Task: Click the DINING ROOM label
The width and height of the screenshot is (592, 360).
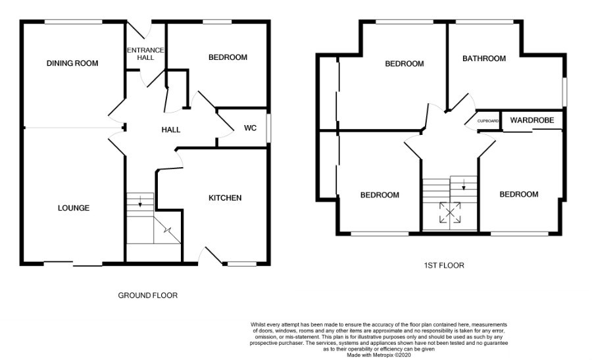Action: [72, 64]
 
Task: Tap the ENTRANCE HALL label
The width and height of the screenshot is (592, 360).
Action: [145, 54]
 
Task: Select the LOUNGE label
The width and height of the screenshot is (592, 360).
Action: [73, 208]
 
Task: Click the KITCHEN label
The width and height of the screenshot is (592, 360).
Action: [225, 198]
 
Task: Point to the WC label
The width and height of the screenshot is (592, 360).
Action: [250, 128]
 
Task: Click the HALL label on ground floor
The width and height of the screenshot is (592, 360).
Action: [171, 130]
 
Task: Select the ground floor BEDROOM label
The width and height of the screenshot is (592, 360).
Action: [228, 58]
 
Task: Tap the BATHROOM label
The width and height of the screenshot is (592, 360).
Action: [484, 59]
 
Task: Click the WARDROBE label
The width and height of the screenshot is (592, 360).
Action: [532, 120]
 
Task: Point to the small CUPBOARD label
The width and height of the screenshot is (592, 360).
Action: [488, 121]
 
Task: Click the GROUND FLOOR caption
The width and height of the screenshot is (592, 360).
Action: [147, 296]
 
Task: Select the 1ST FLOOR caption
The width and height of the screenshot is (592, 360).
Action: [444, 266]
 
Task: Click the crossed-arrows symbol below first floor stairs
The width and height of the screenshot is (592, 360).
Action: [450, 213]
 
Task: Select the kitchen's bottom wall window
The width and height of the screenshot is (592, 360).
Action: [240, 264]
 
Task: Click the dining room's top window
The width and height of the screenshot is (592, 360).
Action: [74, 22]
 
